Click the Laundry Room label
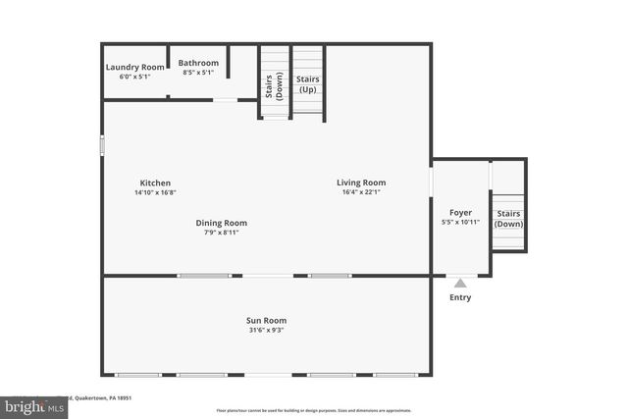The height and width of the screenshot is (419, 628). (x=134, y=67)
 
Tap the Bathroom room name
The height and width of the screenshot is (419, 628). (x=198, y=63)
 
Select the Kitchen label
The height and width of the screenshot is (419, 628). (x=155, y=183)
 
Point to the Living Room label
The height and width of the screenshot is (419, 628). (x=361, y=183)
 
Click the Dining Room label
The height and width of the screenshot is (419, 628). (x=221, y=223)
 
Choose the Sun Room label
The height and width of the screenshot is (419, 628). (x=266, y=320)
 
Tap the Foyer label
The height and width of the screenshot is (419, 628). (x=460, y=212)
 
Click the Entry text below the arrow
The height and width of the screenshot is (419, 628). (x=459, y=297)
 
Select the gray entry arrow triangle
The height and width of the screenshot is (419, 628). (x=459, y=283)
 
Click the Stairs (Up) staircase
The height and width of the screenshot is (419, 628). (x=308, y=82)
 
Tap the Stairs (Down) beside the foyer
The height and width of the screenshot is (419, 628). (x=508, y=218)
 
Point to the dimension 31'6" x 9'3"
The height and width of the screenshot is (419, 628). (x=266, y=331)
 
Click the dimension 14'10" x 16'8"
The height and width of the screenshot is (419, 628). (x=155, y=193)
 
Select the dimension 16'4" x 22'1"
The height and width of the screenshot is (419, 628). (x=361, y=193)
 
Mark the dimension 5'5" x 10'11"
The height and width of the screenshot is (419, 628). (x=460, y=223)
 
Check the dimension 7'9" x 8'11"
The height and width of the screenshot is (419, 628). (x=221, y=233)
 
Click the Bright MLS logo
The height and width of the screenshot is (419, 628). (x=29, y=405)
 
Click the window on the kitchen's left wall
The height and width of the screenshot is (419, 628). (x=102, y=143)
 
